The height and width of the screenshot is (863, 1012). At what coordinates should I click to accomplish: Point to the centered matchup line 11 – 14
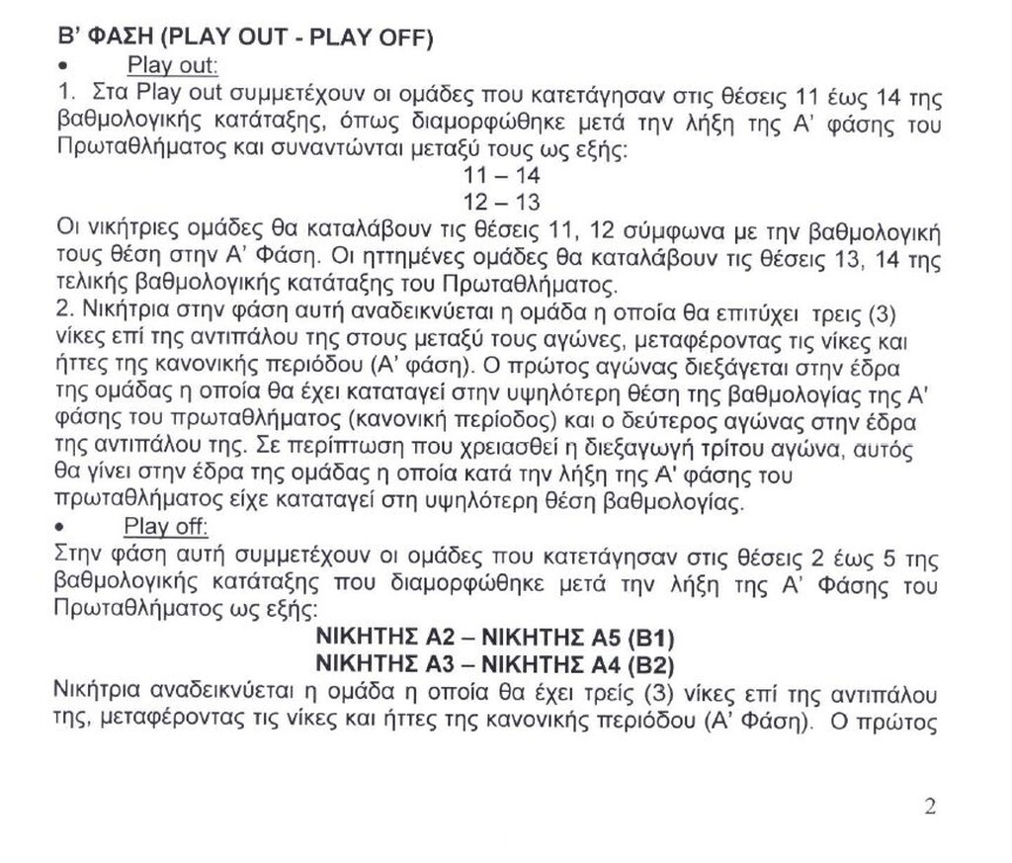[501, 175]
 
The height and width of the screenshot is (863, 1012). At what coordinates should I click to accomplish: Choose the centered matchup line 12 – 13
[501, 202]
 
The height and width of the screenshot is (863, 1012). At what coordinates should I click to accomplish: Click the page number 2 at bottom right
[929, 806]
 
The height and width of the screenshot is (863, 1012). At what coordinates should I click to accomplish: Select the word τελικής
[89, 286]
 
